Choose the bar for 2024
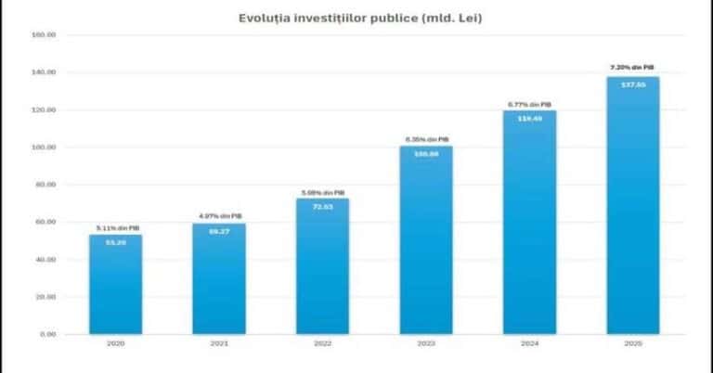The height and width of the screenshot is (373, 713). coord(529,222)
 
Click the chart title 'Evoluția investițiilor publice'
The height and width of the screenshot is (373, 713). coord(356,18)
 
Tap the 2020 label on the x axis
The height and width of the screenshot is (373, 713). coord(115,344)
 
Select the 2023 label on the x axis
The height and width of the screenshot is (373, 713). coord(426,344)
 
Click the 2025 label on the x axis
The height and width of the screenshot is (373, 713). coord(633,344)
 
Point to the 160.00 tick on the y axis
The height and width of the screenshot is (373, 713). coord(44,35)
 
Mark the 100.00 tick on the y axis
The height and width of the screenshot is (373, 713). coord(44,148)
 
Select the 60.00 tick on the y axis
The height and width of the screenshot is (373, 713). coord(44,223)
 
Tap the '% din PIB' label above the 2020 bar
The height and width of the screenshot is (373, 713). coord(115,227)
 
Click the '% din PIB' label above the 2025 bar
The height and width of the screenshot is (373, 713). coord(633,68)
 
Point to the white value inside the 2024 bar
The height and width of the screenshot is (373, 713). coord(529,118)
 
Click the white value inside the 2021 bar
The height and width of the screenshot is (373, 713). coord(219,230)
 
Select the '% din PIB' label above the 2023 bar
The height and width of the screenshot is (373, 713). coord(426,139)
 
